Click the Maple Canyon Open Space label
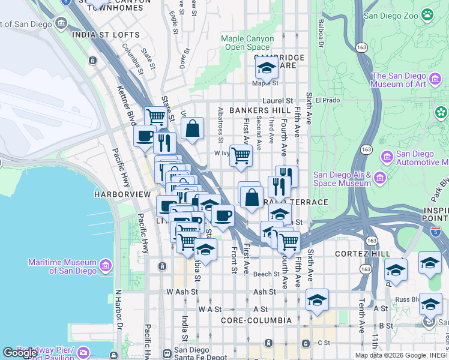coord(247,43)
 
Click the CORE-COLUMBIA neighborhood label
coord(256,320)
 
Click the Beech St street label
coord(266,274)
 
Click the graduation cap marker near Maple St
coord(267,69)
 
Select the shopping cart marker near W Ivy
coord(241,156)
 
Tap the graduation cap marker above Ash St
coord(316,300)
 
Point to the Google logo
coord(20,353)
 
